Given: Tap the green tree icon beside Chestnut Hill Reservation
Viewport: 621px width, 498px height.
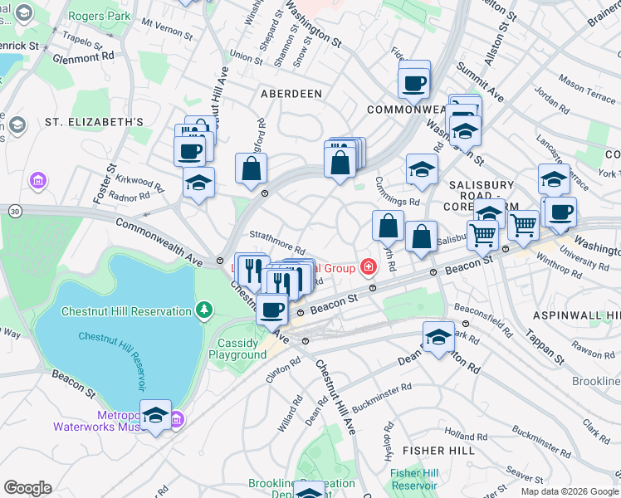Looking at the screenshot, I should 203,310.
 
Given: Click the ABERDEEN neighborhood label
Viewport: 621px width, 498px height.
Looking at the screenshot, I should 291,94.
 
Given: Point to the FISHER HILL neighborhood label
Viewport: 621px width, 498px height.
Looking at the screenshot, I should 438,450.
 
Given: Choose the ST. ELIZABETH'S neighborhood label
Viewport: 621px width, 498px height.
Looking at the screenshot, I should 94,121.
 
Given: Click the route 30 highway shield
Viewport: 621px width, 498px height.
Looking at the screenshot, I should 14,212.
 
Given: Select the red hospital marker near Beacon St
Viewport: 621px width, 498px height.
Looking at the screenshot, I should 367,267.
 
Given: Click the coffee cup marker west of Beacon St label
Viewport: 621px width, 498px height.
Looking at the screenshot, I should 271,309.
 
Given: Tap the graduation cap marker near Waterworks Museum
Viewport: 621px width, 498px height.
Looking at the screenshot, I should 155,416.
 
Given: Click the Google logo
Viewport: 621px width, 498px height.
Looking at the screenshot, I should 27,488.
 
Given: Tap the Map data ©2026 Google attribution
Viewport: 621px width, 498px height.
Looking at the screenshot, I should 569,491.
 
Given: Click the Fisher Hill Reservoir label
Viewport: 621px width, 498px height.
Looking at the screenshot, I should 413,479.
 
